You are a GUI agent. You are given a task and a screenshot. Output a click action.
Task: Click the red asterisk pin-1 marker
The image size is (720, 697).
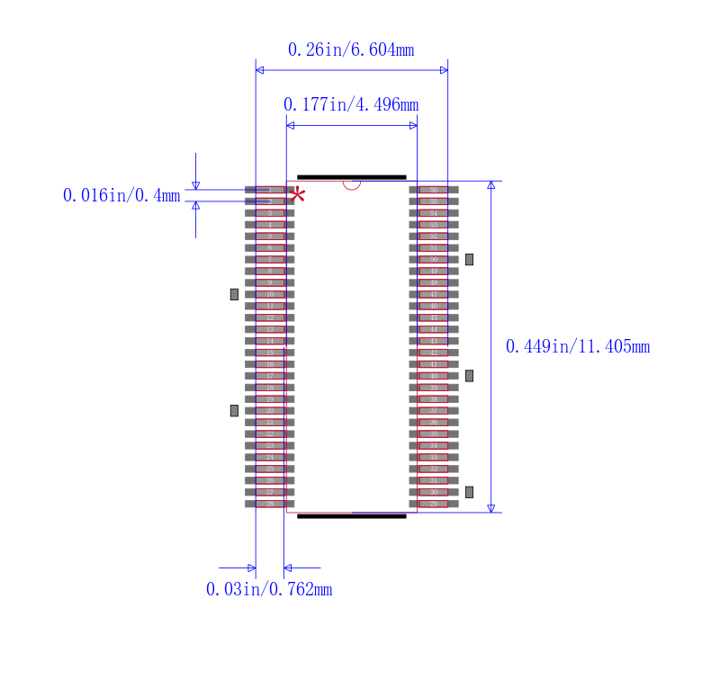(297, 194)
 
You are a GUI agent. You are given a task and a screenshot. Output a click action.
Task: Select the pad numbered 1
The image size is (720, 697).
(269, 190)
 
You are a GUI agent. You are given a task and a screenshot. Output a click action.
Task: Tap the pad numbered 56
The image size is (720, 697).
(433, 190)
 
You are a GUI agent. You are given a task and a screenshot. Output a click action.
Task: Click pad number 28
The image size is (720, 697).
(269, 504)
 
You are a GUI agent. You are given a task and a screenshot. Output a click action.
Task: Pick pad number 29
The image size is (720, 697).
(433, 504)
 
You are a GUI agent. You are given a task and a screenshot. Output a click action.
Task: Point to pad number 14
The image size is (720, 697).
(269, 341)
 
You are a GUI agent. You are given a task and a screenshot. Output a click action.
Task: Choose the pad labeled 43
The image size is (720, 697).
(433, 341)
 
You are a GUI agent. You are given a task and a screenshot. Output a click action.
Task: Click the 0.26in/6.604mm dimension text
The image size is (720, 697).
(351, 50)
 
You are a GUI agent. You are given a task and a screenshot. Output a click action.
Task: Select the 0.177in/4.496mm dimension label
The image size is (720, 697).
(351, 105)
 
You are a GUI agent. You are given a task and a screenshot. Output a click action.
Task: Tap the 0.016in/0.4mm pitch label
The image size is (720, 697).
(121, 195)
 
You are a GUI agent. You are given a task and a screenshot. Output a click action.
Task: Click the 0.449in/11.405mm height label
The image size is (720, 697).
(578, 346)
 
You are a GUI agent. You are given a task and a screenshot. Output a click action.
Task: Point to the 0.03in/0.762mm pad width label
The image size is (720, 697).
(269, 590)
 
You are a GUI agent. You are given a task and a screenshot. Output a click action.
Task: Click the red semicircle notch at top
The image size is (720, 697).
(352, 184)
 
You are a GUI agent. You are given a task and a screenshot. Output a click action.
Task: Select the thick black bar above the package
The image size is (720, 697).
(351, 177)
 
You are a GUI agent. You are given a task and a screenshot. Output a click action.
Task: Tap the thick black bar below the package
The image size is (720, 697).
(351, 516)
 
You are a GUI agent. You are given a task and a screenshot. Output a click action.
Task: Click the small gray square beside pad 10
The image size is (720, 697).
(234, 294)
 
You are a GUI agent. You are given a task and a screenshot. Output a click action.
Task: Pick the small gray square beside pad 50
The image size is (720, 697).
(469, 259)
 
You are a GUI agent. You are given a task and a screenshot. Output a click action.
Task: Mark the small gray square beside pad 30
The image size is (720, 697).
(469, 492)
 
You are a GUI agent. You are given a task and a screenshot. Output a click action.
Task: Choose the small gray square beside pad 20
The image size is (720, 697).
(234, 410)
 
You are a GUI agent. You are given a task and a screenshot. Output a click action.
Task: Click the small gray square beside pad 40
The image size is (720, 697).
(469, 376)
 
